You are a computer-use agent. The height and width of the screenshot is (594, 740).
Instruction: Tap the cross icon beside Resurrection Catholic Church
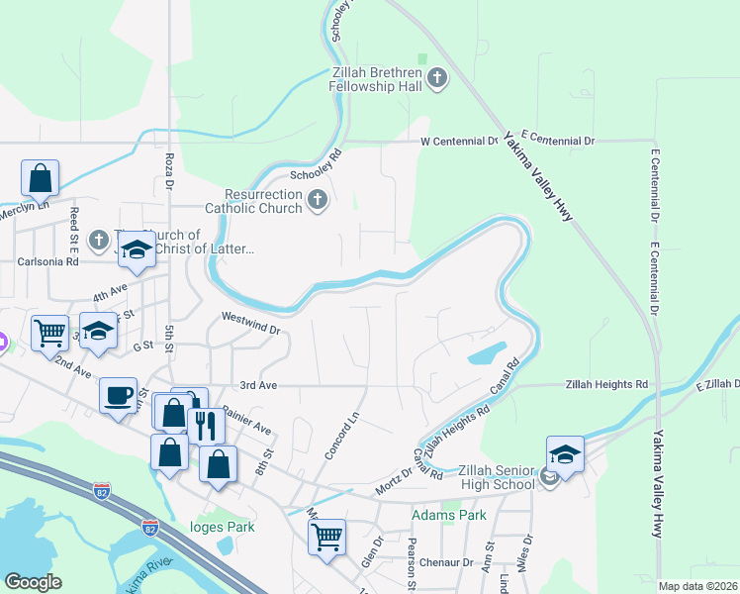(x=318, y=201)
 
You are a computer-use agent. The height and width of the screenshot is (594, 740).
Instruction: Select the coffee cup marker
(x=118, y=395)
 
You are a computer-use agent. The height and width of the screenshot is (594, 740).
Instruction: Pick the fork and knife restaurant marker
(x=205, y=424)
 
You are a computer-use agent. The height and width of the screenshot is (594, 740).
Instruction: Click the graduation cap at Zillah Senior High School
(x=565, y=453)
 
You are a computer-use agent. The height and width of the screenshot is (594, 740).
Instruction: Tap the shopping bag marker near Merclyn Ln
(x=40, y=178)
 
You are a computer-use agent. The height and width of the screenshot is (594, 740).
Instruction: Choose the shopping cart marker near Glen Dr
(x=325, y=537)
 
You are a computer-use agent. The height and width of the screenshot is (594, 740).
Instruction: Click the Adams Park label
(x=449, y=516)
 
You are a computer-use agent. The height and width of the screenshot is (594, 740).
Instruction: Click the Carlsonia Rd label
(x=47, y=262)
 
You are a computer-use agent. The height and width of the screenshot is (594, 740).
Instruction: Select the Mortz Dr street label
(x=393, y=483)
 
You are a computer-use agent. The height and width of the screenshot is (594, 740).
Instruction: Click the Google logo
(x=33, y=582)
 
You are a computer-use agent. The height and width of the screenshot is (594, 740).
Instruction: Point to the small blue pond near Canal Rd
(x=486, y=353)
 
